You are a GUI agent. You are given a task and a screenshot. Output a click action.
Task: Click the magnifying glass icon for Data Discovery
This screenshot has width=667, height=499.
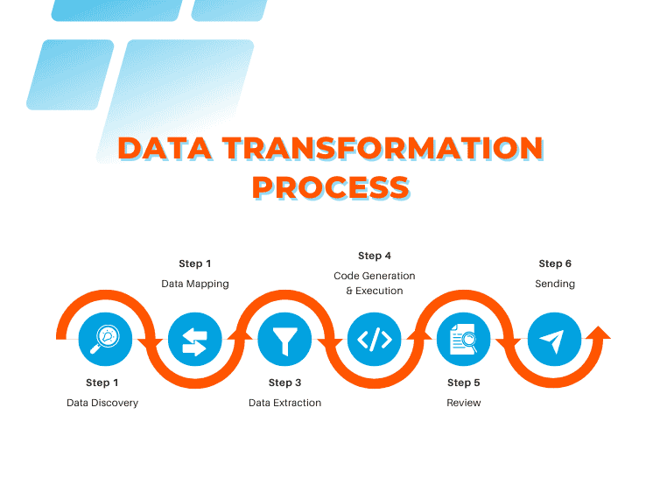(105, 338)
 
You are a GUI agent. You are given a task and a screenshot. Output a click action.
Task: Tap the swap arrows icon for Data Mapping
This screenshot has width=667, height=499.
(194, 338)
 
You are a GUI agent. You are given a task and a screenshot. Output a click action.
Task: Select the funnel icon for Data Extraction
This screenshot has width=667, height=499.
(284, 338)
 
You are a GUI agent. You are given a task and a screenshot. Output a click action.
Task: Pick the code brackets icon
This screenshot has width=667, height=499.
(375, 338)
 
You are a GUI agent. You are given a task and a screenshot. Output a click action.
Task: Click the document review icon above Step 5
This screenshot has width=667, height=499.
(464, 338)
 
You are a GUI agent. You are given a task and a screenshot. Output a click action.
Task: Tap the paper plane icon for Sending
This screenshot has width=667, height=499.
(554, 338)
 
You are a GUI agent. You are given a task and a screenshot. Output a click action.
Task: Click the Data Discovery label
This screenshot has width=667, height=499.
(102, 403)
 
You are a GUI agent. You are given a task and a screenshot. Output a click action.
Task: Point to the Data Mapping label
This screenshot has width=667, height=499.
(194, 284)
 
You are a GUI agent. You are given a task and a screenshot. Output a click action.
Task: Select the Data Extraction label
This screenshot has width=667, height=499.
(284, 403)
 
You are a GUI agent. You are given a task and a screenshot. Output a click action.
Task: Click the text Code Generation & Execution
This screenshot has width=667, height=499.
(375, 283)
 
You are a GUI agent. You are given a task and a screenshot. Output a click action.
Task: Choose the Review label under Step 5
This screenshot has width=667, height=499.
(464, 403)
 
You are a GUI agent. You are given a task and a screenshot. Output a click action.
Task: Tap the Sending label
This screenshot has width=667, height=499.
(555, 284)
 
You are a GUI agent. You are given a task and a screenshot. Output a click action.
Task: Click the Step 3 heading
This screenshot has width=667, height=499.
(284, 383)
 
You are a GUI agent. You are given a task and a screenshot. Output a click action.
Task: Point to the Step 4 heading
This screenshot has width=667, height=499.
(375, 256)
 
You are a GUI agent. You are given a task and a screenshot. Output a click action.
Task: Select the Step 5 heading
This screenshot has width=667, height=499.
(464, 383)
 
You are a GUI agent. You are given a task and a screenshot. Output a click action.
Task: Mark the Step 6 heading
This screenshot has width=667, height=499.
(555, 264)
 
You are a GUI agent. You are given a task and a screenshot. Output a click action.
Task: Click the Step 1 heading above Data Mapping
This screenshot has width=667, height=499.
(194, 264)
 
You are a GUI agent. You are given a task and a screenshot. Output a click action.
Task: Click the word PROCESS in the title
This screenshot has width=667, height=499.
(331, 186)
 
